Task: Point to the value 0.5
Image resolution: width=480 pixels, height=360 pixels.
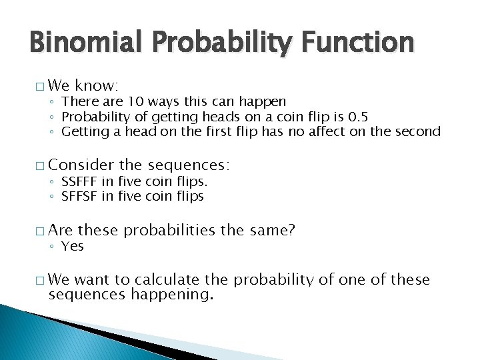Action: click(356, 117)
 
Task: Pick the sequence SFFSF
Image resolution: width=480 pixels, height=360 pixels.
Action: click(80, 197)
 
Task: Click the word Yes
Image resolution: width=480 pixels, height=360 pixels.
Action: click(73, 247)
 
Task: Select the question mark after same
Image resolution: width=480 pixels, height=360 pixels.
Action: click(291, 230)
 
